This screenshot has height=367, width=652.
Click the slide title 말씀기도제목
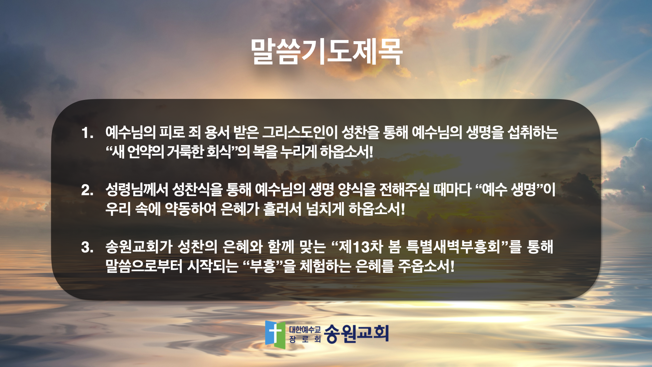pos(327,52)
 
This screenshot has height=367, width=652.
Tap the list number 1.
pos(87,133)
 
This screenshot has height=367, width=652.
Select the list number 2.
pos(87,190)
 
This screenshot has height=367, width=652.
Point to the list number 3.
pos(87,247)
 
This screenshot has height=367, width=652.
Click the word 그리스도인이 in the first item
pos(300,132)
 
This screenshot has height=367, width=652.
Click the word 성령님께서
pos(137,189)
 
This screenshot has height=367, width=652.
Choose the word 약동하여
pos(191,209)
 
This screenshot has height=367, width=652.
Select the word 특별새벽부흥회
pos(453,247)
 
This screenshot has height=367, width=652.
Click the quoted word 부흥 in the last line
pos(262,266)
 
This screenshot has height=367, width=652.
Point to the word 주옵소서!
pos(426,266)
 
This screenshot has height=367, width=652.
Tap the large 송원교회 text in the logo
pos(356,333)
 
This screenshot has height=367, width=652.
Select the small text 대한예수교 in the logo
pos(305,329)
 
